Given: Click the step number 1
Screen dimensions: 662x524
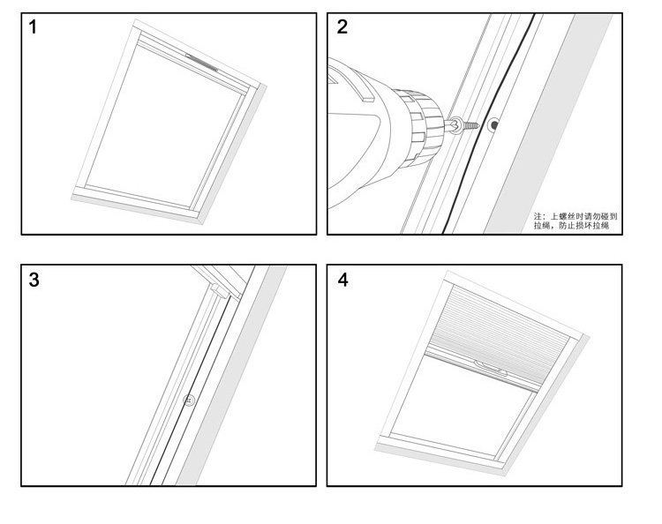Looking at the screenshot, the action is (x=34, y=26).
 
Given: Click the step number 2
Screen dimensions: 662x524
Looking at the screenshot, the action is (x=342, y=26).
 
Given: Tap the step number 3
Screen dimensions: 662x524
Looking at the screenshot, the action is (x=34, y=281).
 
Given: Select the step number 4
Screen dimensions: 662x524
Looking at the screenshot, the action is (x=342, y=281).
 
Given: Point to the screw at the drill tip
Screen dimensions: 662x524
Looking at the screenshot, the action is (x=465, y=124).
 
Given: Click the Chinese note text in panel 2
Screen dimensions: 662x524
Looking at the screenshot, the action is (x=575, y=221).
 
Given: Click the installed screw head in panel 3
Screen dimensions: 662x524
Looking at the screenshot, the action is (x=188, y=400).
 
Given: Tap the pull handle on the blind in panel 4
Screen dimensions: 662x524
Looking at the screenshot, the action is (x=487, y=364).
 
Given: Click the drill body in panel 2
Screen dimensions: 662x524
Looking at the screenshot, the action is (x=362, y=132).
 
